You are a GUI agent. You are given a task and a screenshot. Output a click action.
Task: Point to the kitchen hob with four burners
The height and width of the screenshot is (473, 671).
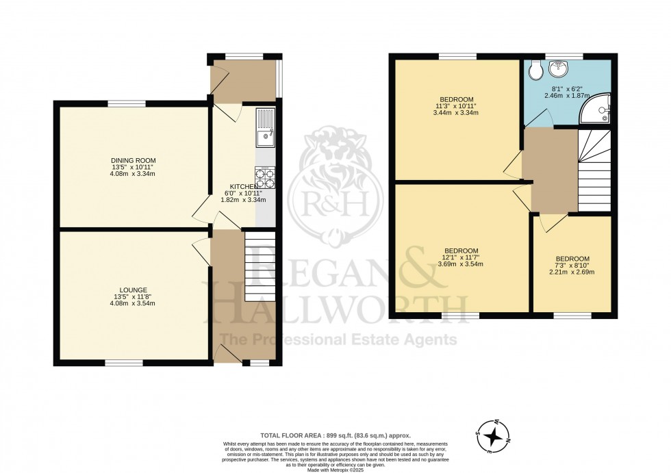coord(265,177)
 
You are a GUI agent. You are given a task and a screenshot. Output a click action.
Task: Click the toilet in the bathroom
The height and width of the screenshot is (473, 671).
coord(535,69)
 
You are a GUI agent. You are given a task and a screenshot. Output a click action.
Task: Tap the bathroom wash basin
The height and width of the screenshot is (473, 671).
coord(563,68)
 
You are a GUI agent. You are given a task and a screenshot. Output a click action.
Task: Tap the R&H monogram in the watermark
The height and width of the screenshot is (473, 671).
coord(326,202)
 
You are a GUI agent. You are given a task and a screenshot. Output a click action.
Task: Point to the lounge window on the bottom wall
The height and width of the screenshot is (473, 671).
coord(124,362)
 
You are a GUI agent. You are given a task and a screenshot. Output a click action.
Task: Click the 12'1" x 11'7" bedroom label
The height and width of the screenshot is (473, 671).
coord(460,257)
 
